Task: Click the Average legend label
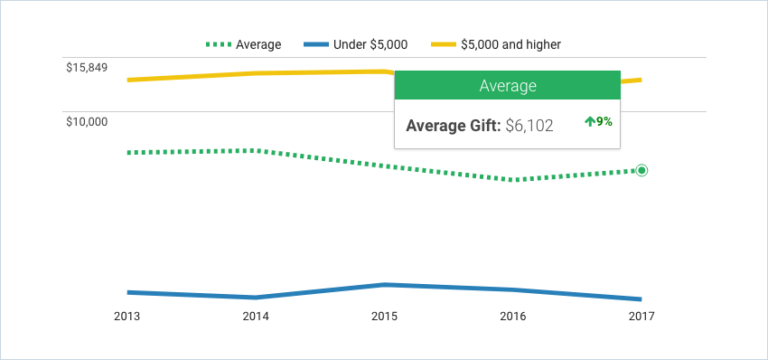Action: click(258, 45)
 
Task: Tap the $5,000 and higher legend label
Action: click(512, 45)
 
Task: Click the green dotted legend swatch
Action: click(218, 45)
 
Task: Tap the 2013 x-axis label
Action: click(127, 317)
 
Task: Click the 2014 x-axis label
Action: click(256, 317)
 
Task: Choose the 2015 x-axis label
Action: click(385, 317)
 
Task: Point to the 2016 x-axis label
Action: click(513, 317)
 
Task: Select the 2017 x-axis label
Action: click(641, 317)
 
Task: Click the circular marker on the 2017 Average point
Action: click(642, 171)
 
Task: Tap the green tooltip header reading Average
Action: click(507, 86)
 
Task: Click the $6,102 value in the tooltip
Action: click(529, 126)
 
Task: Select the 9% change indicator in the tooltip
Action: click(598, 122)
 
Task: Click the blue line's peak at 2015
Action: click(385, 285)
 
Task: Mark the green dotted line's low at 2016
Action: click(513, 180)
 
